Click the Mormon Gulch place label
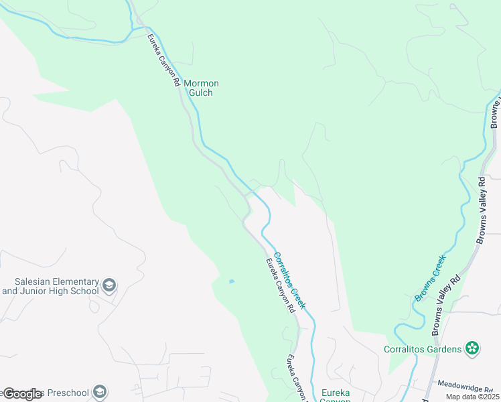point(202,88)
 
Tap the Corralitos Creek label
point(291,279)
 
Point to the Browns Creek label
point(430,281)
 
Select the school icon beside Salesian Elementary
point(109,287)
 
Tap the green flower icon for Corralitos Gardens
point(472,348)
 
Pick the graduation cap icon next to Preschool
point(100,391)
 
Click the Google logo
point(22,394)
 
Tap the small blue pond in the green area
point(231,281)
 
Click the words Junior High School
point(50,292)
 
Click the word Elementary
point(81,282)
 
